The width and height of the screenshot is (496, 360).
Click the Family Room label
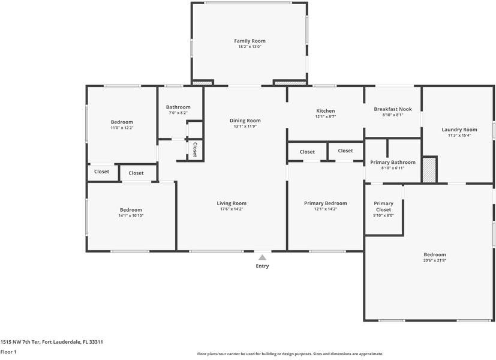click(x=249, y=41)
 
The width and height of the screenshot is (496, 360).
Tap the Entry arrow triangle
click(x=262, y=257)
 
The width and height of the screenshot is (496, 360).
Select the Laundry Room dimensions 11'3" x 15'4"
click(x=459, y=136)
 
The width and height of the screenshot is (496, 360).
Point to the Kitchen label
click(x=326, y=111)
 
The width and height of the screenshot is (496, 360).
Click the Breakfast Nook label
click(x=393, y=109)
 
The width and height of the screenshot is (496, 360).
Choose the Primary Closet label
click(x=383, y=206)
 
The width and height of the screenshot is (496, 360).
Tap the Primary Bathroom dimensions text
click(x=393, y=168)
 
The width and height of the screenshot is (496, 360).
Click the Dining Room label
click(x=245, y=121)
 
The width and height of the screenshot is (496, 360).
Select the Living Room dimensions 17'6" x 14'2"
click(x=232, y=209)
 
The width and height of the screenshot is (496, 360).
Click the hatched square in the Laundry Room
click(x=429, y=170)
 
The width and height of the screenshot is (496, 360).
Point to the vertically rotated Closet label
click(x=195, y=149)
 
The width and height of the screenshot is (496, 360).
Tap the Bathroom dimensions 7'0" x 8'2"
click(x=178, y=113)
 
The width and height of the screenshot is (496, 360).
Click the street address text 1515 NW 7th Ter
click(x=20, y=342)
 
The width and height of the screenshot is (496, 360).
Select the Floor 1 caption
click(x=8, y=352)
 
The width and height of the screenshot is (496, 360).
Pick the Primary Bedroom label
click(x=326, y=203)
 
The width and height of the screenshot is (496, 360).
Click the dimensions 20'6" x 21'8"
click(x=435, y=260)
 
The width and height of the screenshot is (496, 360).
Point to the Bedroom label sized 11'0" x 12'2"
click(x=122, y=122)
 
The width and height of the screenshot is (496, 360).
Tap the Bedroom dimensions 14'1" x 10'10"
click(x=131, y=215)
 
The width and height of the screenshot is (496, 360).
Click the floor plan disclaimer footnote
click(x=290, y=354)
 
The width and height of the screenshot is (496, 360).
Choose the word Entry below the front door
click(x=262, y=266)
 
